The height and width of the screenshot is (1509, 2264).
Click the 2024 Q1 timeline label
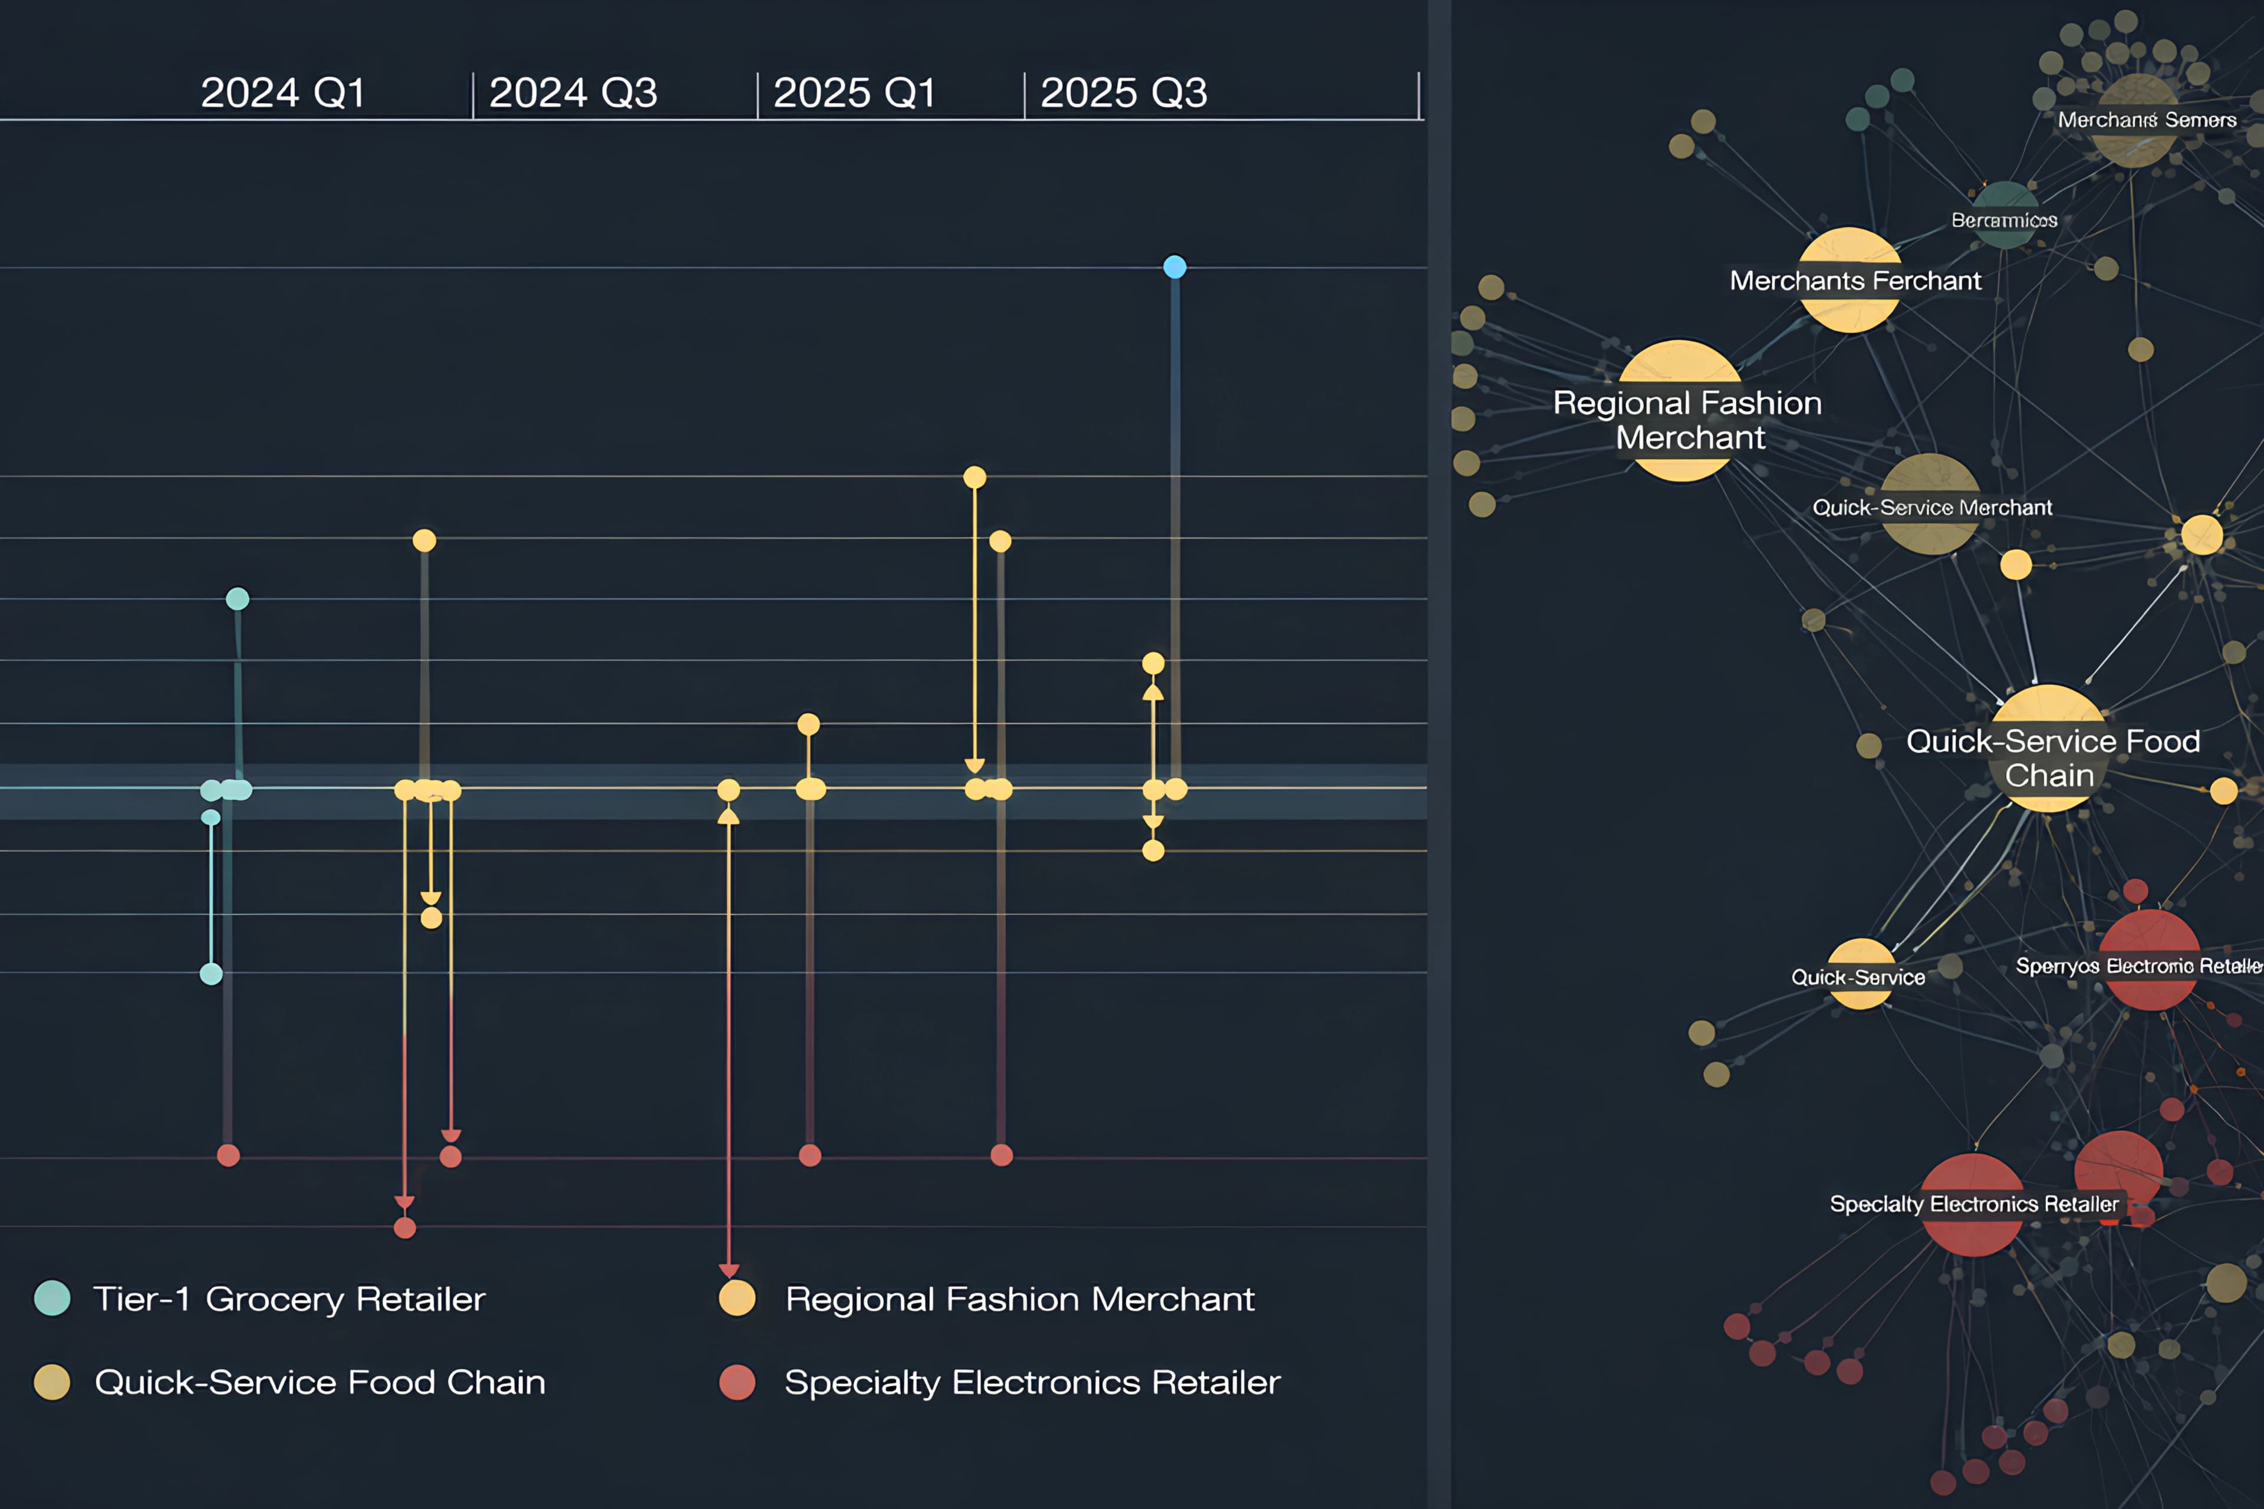283,93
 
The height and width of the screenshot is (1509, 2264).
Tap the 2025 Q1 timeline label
855,93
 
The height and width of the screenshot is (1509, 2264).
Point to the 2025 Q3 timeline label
1123,93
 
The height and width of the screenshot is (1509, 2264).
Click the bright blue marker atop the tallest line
1174,266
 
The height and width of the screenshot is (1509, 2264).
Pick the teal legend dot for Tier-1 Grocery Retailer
52,1298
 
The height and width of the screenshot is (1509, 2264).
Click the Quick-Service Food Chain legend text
320,1382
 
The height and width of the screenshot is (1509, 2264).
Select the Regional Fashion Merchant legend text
1019,1299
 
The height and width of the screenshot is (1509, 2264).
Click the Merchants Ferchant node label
1855,281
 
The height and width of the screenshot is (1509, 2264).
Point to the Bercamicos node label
2004,220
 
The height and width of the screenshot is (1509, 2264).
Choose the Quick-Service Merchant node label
1932,507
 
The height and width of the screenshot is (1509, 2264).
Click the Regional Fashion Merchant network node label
1687,420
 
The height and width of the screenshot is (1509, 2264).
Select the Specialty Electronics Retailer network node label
1973,1204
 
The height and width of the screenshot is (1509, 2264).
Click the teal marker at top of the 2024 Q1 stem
238,599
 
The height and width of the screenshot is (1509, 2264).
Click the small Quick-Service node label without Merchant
1858,977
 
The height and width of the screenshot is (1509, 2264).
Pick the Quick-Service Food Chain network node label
2052,757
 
